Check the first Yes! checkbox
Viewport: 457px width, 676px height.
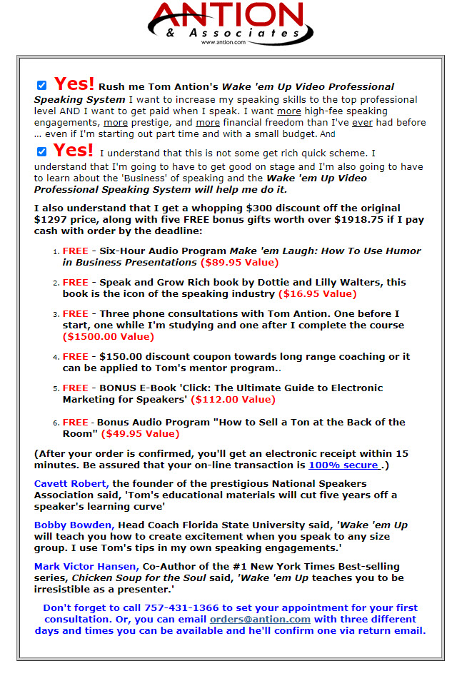click(42, 86)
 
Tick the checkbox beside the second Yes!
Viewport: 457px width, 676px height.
click(42, 151)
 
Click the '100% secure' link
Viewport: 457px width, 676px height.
click(343, 465)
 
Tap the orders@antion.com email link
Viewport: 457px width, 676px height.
click(260, 620)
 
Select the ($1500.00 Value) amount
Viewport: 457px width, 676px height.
click(108, 337)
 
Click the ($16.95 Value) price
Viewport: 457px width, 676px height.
click(317, 294)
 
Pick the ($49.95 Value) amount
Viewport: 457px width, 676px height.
click(140, 434)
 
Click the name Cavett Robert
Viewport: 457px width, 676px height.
click(71, 484)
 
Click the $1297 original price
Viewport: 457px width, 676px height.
click(49, 220)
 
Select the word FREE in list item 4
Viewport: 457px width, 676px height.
click(75, 357)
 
